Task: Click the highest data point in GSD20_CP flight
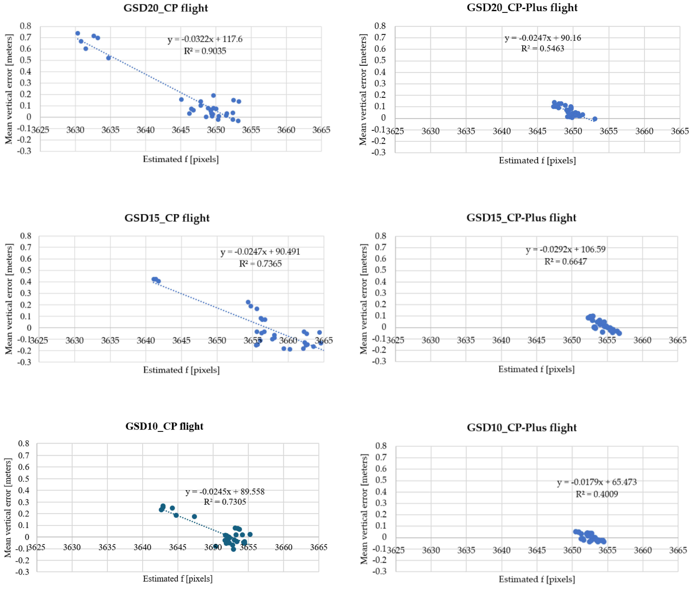78,33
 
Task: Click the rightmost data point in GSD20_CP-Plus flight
595,119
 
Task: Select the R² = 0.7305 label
225,502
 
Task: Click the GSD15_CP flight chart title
167,218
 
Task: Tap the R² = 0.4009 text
597,494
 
